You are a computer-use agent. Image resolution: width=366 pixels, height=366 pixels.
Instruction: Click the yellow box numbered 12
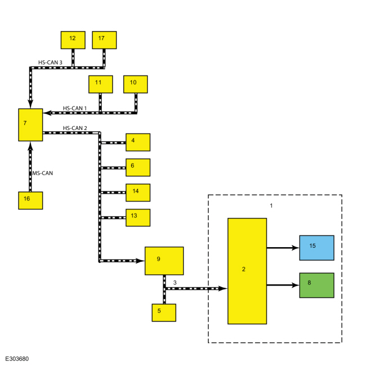(x=73, y=40)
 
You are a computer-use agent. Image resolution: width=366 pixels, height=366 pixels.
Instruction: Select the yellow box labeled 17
(x=104, y=40)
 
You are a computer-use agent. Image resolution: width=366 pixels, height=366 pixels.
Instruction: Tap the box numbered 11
(x=101, y=84)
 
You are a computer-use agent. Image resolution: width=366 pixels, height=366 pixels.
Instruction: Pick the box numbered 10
(x=136, y=84)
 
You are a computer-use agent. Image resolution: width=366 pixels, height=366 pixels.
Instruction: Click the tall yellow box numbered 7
(x=30, y=125)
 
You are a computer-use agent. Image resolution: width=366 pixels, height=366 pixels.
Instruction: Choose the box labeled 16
(x=30, y=200)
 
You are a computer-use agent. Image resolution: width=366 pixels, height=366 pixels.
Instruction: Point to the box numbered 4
(x=138, y=142)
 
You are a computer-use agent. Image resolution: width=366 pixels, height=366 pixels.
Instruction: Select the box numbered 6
(x=138, y=168)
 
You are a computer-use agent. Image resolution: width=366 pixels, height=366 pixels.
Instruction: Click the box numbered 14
(x=138, y=193)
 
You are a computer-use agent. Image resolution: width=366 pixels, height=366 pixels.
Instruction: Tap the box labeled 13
(x=138, y=218)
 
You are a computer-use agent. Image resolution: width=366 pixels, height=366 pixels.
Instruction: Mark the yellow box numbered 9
(x=164, y=261)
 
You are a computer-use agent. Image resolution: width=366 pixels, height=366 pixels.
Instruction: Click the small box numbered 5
(x=164, y=313)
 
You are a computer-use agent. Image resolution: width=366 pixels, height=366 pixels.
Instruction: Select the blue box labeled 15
(x=317, y=248)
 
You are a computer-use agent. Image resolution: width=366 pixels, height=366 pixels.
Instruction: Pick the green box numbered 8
(x=317, y=285)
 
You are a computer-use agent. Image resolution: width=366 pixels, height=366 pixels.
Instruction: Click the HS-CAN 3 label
(x=50, y=63)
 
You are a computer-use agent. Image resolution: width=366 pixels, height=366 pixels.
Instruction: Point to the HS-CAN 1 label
(x=75, y=108)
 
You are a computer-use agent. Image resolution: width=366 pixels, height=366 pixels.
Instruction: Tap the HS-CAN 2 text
(x=75, y=128)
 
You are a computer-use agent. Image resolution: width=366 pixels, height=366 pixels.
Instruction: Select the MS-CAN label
(x=42, y=173)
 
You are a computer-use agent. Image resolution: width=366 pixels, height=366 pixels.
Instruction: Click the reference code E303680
(x=17, y=359)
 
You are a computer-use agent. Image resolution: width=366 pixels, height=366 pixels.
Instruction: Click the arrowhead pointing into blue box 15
(x=296, y=248)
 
